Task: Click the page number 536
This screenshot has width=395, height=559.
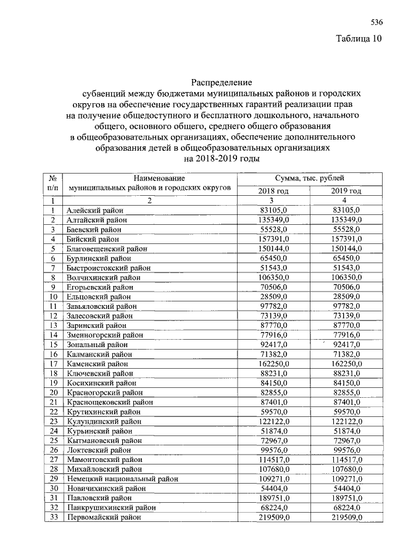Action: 376,22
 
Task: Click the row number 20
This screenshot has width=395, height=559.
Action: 54,393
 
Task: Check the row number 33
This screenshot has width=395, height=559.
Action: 54,517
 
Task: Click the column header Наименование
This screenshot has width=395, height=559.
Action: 150,178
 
